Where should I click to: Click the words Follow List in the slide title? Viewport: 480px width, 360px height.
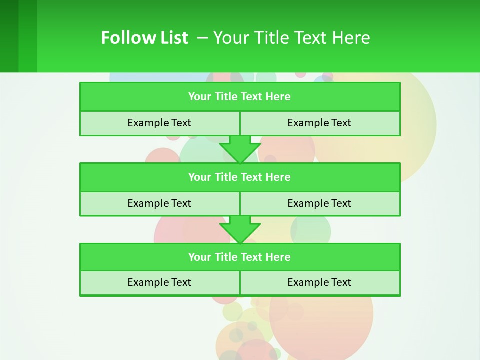pyautogui.click(x=144, y=38)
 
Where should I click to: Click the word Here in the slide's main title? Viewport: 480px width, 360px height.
pyautogui.click(x=352, y=38)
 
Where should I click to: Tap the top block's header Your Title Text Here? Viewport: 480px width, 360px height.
pyautogui.click(x=239, y=97)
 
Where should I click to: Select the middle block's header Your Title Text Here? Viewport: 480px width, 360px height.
pyautogui.click(x=239, y=177)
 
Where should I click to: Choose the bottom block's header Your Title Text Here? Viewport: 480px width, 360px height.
pyautogui.click(x=239, y=257)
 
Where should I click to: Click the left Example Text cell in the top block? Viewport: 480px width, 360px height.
pyautogui.click(x=159, y=123)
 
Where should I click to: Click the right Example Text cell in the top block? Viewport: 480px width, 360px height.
pyautogui.click(x=319, y=123)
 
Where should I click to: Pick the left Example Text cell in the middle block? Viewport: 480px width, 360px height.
pyautogui.click(x=159, y=203)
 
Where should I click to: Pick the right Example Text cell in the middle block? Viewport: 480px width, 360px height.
pyautogui.click(x=319, y=203)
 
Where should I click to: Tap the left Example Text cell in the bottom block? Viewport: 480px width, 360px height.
pyautogui.click(x=159, y=282)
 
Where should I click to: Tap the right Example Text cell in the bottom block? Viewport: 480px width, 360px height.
pyautogui.click(x=319, y=282)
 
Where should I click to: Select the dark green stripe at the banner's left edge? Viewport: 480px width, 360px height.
pyautogui.click(x=9, y=36)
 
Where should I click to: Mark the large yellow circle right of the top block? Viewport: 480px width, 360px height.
pyautogui.click(x=410, y=125)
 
